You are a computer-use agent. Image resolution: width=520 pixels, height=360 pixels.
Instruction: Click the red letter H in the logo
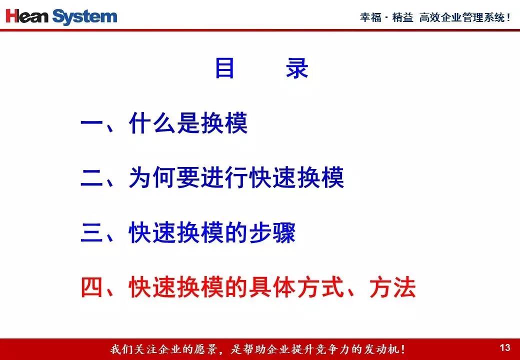(12, 16)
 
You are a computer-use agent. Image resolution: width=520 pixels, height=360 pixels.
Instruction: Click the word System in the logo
(85, 17)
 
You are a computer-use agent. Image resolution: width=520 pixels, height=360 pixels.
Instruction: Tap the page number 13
(504, 347)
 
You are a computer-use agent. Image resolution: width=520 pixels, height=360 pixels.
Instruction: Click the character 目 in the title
(225, 68)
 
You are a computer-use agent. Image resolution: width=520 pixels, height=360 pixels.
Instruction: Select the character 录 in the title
(297, 68)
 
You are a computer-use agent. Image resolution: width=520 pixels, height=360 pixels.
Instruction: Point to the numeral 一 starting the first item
(91, 123)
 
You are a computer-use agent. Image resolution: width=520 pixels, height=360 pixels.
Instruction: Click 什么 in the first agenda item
(151, 123)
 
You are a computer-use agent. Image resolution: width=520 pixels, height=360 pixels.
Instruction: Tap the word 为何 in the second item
(151, 177)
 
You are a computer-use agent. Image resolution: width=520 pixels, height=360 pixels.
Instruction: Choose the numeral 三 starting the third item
(91, 232)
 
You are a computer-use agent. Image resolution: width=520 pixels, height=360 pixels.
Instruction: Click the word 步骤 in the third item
(272, 232)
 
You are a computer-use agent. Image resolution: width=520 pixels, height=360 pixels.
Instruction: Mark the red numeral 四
(91, 286)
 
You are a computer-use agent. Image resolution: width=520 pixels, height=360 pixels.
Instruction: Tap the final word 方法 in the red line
(392, 286)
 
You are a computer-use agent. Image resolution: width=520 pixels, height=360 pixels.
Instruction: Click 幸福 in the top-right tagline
(371, 17)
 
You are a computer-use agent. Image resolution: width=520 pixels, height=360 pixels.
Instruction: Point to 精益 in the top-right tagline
(402, 17)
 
